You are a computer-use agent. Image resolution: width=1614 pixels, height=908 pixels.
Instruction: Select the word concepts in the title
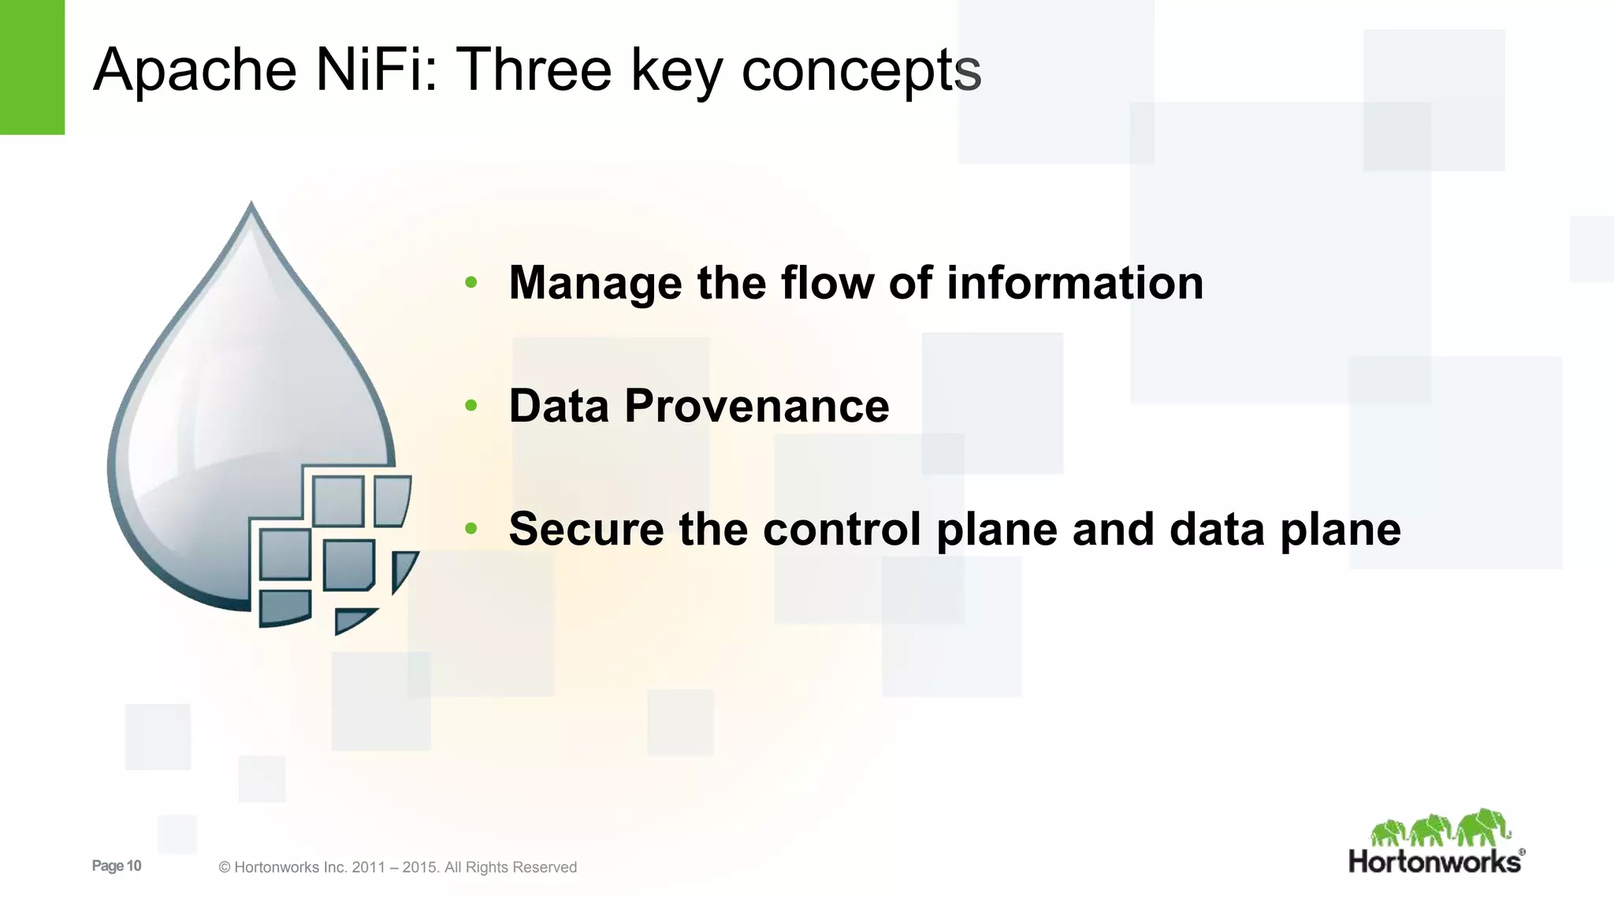coord(861,69)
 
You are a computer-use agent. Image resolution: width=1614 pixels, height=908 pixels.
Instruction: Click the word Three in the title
coord(534,69)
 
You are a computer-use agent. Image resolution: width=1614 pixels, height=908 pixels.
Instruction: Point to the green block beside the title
coord(32,67)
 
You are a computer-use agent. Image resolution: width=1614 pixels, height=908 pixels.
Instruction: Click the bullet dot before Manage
coord(471,282)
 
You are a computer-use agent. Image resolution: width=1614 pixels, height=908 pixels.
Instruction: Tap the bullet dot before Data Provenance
coord(471,406)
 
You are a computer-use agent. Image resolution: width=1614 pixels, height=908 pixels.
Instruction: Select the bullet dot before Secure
coord(471,529)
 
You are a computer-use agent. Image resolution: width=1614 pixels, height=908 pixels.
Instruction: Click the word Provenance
coord(757,406)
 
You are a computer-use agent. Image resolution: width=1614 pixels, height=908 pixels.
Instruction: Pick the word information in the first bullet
coord(1074,282)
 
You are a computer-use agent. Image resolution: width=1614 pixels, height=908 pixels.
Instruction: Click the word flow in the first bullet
coord(827,282)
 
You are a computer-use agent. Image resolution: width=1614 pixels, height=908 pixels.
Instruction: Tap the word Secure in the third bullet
coord(586,529)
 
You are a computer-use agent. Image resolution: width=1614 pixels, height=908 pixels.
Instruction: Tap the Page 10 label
coord(117,865)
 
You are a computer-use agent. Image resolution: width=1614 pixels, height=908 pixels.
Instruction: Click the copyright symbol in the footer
coord(225,868)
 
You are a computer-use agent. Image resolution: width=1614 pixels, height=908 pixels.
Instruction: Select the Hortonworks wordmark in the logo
coord(1434,861)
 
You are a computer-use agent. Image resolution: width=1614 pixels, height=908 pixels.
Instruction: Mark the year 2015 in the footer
coord(419,868)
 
